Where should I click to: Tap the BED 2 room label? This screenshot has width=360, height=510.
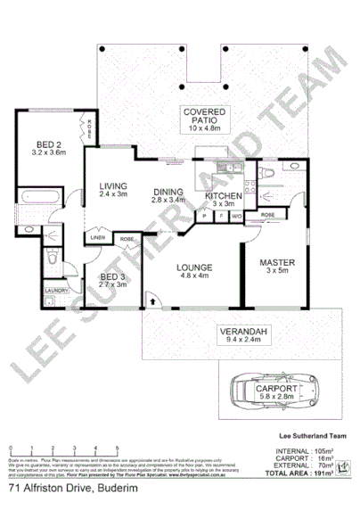point(48,144)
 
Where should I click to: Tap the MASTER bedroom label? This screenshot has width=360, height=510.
point(276,263)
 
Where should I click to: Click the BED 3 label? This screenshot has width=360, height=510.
point(112,278)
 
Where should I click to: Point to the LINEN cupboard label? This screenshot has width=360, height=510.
point(97,238)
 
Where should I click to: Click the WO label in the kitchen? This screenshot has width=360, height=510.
point(236,216)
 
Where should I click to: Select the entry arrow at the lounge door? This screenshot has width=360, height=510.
point(153,302)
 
